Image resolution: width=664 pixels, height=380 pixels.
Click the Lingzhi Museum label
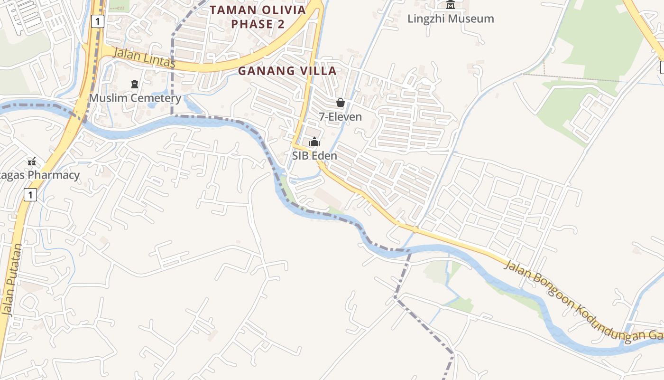tap(451, 19)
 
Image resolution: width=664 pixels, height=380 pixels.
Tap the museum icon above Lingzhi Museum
tap(451, 5)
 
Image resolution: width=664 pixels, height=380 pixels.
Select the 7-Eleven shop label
tap(340, 117)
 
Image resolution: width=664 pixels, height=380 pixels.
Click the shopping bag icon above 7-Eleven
tap(340, 103)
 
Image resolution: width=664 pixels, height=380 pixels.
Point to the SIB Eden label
tap(314, 156)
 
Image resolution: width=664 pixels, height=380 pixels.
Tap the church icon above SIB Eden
tap(314, 142)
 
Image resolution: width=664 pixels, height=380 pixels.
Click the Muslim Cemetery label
tap(135, 98)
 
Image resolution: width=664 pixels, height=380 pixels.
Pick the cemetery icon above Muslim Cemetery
tap(135, 84)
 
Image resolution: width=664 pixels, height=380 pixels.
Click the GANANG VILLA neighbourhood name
tap(287, 71)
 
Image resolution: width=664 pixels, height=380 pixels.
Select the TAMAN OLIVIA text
tap(258, 10)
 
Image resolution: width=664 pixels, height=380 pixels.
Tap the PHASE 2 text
tap(258, 24)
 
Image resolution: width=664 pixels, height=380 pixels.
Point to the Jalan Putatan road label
tap(12, 280)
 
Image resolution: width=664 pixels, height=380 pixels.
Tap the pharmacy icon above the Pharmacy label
tap(32, 161)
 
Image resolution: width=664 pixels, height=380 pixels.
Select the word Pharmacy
tap(54, 175)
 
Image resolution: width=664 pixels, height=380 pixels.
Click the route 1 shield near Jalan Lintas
tap(97, 21)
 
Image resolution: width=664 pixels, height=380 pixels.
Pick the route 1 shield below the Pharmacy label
tap(30, 194)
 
